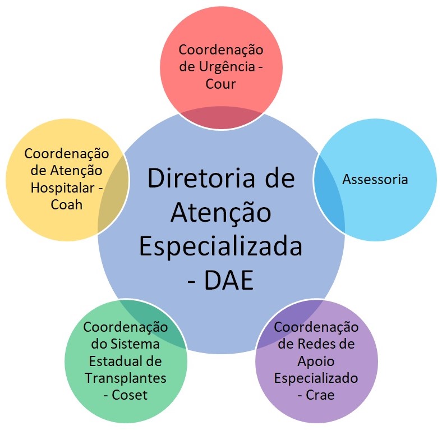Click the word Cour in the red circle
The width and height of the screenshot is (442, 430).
click(220, 84)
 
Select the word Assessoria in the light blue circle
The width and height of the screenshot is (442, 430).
click(375, 180)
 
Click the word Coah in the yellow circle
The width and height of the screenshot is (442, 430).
click(67, 204)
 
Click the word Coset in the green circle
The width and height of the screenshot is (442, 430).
click(130, 395)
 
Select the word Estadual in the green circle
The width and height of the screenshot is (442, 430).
click(112, 361)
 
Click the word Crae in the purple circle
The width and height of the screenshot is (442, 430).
click(320, 395)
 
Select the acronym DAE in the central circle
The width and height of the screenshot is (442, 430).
click(229, 280)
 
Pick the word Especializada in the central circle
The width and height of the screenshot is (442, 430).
click(220, 247)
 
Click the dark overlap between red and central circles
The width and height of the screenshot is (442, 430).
click(222, 118)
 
